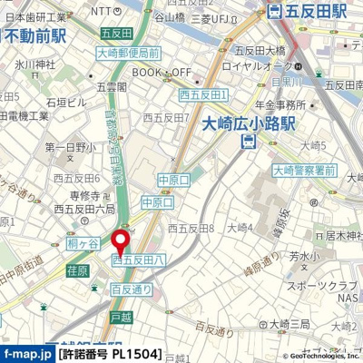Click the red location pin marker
point(118,243)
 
